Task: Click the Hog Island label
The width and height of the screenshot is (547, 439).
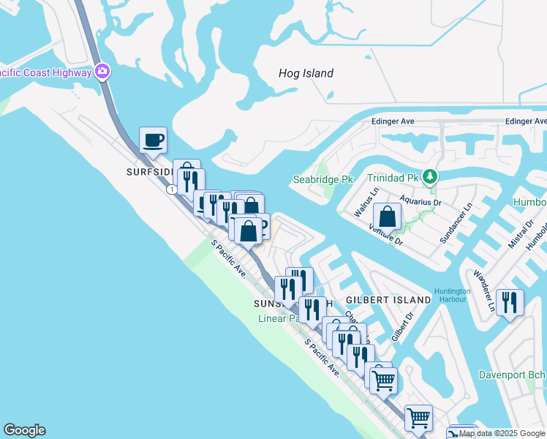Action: click(x=306, y=73)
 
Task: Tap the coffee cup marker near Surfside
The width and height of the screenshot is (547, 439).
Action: click(x=153, y=140)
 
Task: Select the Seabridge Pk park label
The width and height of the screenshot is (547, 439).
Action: click(x=322, y=179)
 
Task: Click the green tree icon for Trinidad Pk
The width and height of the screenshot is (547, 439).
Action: click(x=431, y=176)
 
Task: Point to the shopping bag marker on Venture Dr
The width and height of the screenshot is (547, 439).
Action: click(x=388, y=217)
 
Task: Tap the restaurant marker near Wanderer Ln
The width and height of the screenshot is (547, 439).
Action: click(x=510, y=301)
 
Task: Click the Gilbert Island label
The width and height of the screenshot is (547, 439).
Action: click(x=388, y=300)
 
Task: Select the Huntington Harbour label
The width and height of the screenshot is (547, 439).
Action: click(x=452, y=295)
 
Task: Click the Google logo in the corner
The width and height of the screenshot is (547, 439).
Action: click(x=24, y=430)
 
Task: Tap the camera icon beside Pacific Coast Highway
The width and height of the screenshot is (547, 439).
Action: click(x=103, y=72)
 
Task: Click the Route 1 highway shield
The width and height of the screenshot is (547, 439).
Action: click(x=170, y=190)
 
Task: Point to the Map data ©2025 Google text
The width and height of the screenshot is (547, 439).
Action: click(x=502, y=433)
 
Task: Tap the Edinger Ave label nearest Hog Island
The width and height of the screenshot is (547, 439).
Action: click(x=393, y=121)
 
